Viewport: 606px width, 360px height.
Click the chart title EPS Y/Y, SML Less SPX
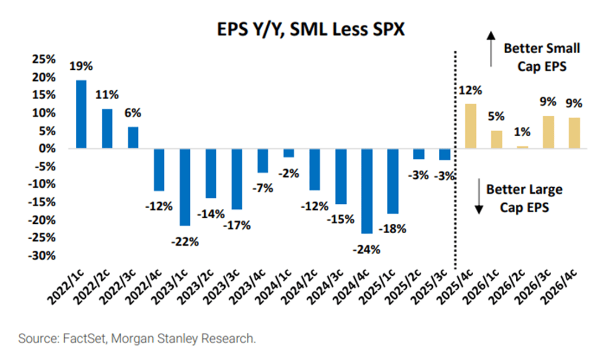click(x=304, y=29)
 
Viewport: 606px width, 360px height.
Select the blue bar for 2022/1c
click(x=81, y=114)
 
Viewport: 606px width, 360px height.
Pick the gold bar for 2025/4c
click(x=470, y=126)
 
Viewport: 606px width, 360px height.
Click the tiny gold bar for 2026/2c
click(x=522, y=147)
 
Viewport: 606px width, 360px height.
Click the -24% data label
click(x=366, y=249)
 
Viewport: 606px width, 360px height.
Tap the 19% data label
click(x=81, y=66)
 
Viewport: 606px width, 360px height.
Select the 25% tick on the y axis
click(x=43, y=59)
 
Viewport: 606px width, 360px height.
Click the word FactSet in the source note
click(x=69, y=338)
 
